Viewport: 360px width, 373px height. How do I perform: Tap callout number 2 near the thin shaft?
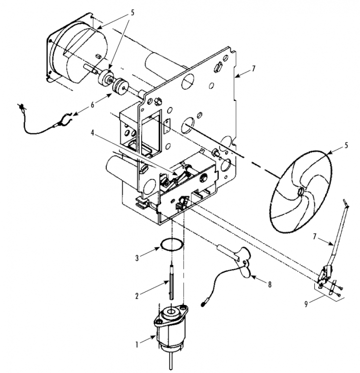[137, 296]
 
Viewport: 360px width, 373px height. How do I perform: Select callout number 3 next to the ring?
[137, 258]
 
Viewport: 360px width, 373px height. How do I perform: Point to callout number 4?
[92, 133]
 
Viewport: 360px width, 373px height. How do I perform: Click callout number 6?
[92, 104]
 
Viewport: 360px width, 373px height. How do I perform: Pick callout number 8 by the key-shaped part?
[270, 285]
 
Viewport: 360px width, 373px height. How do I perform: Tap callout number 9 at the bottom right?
[306, 304]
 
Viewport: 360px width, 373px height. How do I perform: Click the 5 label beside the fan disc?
[346, 145]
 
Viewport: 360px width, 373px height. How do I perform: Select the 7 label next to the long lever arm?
[315, 237]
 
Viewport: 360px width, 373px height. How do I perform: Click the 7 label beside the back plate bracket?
[254, 69]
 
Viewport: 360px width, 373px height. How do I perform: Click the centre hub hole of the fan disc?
[301, 191]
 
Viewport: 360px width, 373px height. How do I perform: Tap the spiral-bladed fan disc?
[300, 191]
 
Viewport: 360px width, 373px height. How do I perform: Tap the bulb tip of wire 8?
[203, 304]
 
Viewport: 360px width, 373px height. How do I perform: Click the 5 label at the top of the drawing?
[132, 13]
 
